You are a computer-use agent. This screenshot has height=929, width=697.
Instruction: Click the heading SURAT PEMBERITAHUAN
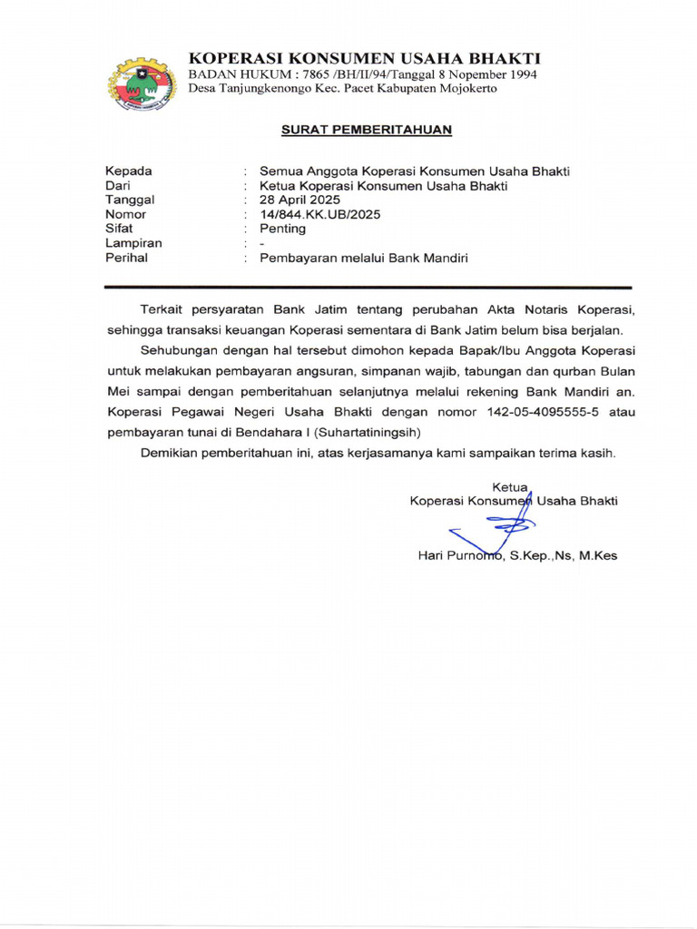click(x=366, y=130)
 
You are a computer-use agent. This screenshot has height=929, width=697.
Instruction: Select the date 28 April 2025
click(x=299, y=200)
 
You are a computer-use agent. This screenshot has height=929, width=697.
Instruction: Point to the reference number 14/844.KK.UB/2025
click(x=320, y=214)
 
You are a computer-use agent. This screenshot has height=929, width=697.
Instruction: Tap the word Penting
click(x=283, y=229)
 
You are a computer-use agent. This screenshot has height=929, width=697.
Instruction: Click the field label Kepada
click(x=129, y=171)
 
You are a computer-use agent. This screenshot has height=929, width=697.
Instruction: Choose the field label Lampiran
click(x=133, y=243)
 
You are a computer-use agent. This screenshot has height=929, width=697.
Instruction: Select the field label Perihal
click(x=126, y=258)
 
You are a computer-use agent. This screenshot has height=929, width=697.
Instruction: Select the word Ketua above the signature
click(x=509, y=487)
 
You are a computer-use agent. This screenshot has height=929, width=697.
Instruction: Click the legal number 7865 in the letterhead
click(x=295, y=73)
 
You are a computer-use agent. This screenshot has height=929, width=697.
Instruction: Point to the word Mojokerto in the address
click(x=465, y=88)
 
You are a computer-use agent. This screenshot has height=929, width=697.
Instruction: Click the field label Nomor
click(x=126, y=214)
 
